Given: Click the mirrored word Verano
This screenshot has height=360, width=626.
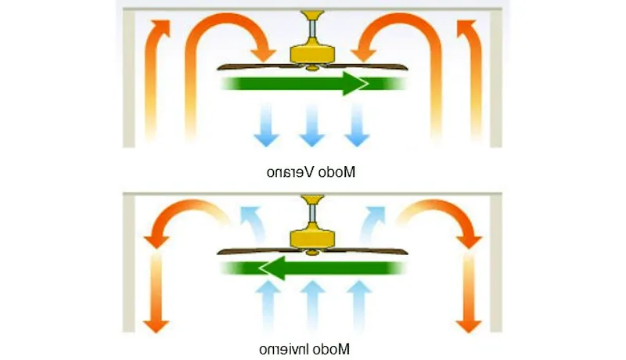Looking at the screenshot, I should (287, 171).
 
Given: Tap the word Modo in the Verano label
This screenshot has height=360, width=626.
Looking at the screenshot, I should (338, 171).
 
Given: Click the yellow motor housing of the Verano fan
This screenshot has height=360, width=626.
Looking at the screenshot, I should (312, 53).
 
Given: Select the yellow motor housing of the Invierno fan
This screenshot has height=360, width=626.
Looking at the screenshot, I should (312, 236).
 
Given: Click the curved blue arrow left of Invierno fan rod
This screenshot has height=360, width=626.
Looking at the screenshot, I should (252, 219).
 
